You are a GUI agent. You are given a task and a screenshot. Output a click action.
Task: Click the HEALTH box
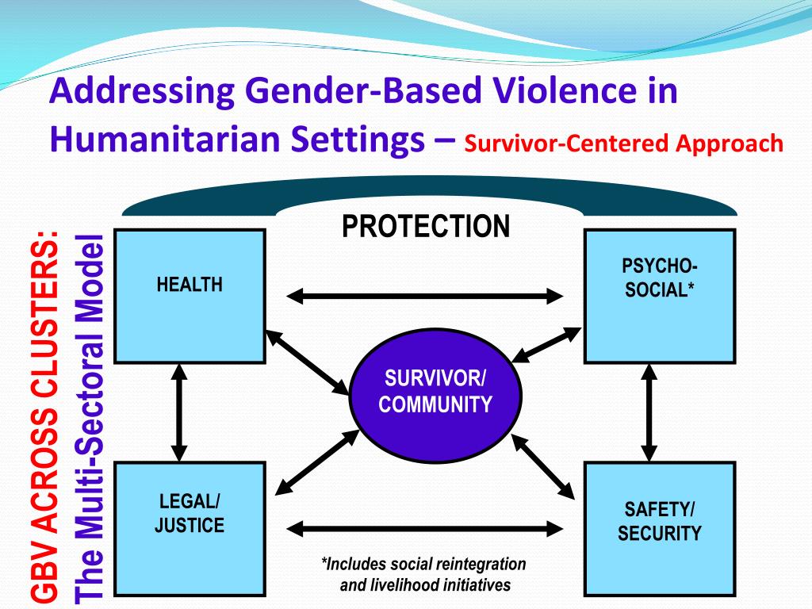[x=190, y=296]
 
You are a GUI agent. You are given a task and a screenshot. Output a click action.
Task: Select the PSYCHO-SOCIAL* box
[x=659, y=296]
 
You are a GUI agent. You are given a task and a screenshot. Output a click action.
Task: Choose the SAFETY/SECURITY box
[x=659, y=523]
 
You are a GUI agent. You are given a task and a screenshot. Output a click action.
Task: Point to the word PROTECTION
[x=426, y=227]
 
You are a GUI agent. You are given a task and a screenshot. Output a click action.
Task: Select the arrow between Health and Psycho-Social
[x=424, y=297]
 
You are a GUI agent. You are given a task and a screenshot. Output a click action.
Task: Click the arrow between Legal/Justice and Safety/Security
[x=424, y=527]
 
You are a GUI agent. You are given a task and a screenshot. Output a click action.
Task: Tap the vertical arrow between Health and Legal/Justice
[x=180, y=412]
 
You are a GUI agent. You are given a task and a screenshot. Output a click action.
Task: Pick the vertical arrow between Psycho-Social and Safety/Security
[x=649, y=412]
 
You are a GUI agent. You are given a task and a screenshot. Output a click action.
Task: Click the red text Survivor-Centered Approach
[x=623, y=144]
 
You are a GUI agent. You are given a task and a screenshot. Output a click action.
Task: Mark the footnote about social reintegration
[x=424, y=575]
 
